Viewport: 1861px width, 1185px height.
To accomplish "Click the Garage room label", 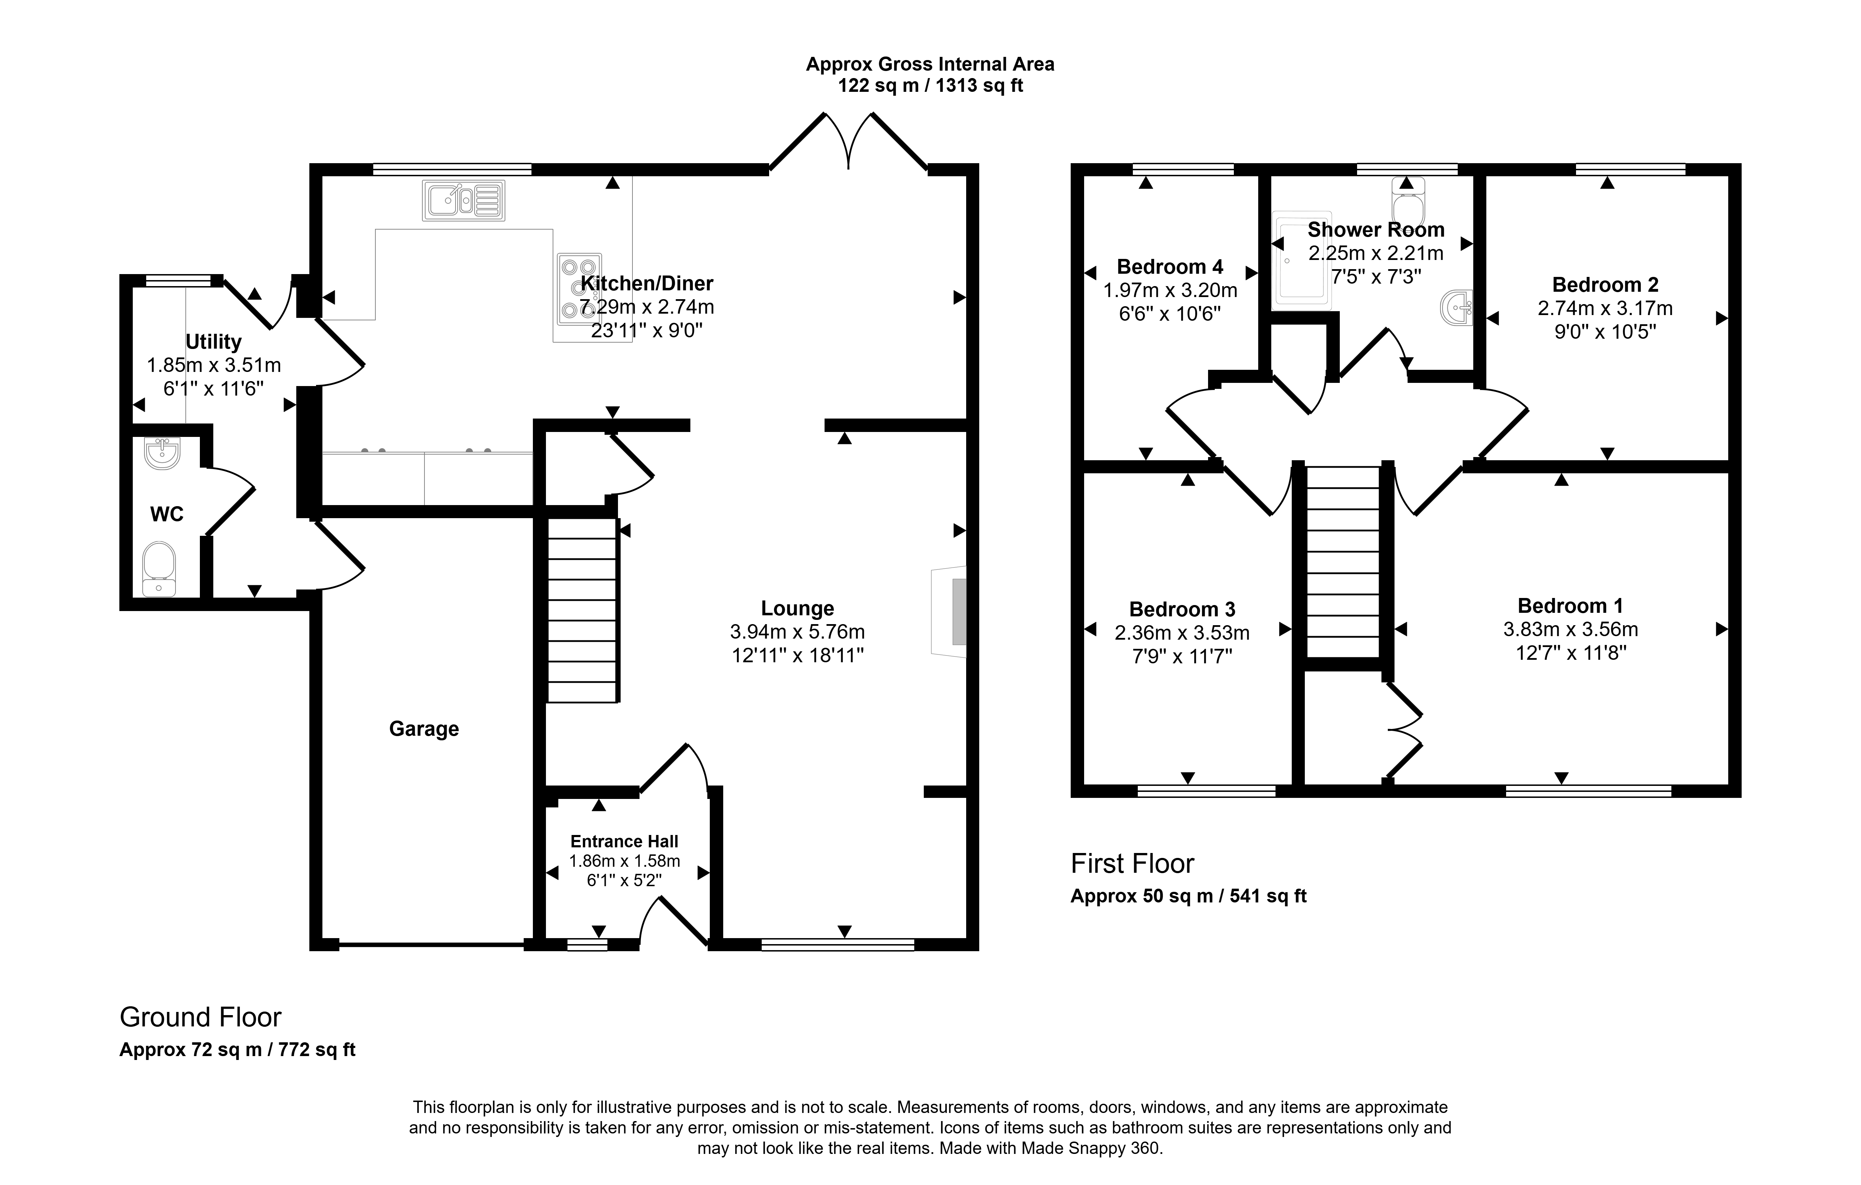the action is pyautogui.click(x=423, y=729).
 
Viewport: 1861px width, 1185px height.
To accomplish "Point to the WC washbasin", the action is pyautogui.click(x=161, y=453).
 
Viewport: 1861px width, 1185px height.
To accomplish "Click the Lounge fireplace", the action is pyautogui.click(x=950, y=612).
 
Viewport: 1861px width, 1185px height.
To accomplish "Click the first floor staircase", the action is pyautogui.click(x=1343, y=562).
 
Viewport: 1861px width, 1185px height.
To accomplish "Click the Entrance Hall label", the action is pyautogui.click(x=624, y=841).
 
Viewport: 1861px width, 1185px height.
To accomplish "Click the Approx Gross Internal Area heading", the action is pyautogui.click(x=930, y=64).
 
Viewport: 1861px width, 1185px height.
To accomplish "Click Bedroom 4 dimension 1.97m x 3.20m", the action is pyautogui.click(x=1170, y=291).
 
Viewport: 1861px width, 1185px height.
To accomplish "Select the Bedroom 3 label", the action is pyautogui.click(x=1182, y=609).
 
